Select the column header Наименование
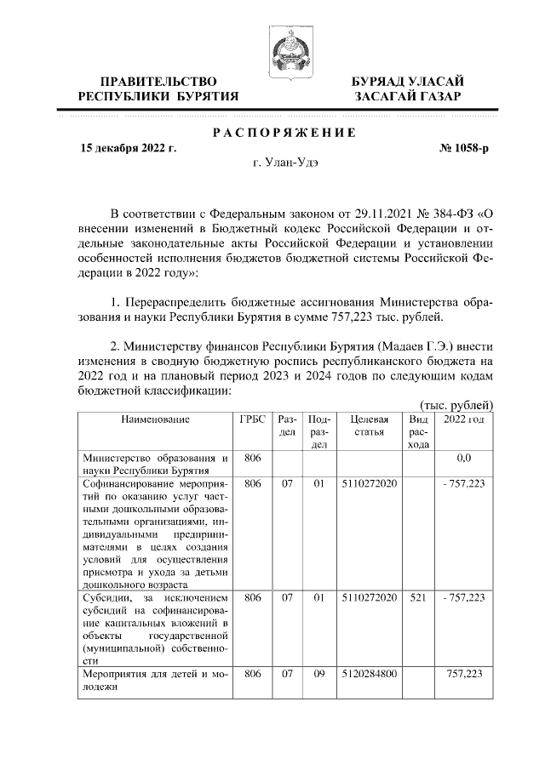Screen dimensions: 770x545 pyautogui.click(x=154, y=419)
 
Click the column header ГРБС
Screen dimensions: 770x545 pyautogui.click(x=252, y=419)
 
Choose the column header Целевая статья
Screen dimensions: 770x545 pyautogui.click(x=369, y=425)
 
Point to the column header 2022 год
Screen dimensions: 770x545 pyautogui.click(x=463, y=419)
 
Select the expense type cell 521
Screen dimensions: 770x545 pyautogui.click(x=418, y=597)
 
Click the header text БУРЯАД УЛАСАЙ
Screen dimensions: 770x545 pyautogui.click(x=408, y=82)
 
